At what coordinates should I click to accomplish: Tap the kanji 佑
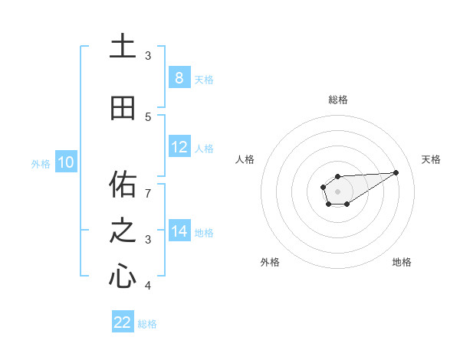pyautogui.click(x=123, y=184)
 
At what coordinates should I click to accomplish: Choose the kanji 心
pyautogui.click(x=123, y=276)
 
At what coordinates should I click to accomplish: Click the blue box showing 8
pyautogui.click(x=179, y=77)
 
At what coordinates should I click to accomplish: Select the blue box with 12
pyautogui.click(x=179, y=147)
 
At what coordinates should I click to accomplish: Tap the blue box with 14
pyautogui.click(x=179, y=231)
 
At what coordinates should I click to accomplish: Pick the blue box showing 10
pyautogui.click(x=65, y=162)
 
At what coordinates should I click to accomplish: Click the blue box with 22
pyautogui.click(x=123, y=322)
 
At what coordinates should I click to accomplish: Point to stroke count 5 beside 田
pyautogui.click(x=148, y=116)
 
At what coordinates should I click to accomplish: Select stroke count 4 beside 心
pyautogui.click(x=148, y=286)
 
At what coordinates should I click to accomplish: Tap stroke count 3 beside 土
pyautogui.click(x=148, y=56)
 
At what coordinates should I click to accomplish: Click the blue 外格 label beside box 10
pyautogui.click(x=41, y=163)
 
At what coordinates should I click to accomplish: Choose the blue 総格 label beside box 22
pyautogui.click(x=147, y=323)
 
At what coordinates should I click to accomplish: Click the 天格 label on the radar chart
pyautogui.click(x=432, y=159)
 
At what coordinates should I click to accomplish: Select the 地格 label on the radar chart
pyautogui.click(x=402, y=262)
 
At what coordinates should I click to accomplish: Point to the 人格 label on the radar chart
pyautogui.click(x=245, y=159)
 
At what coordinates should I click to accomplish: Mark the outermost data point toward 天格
pyautogui.click(x=396, y=172)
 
